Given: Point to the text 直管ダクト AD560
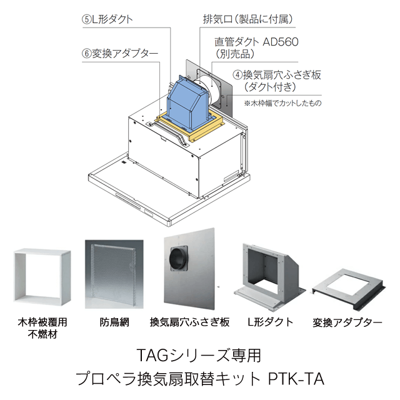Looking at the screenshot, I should (x=257, y=42).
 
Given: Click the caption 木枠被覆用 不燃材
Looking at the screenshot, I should (x=41, y=328).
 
